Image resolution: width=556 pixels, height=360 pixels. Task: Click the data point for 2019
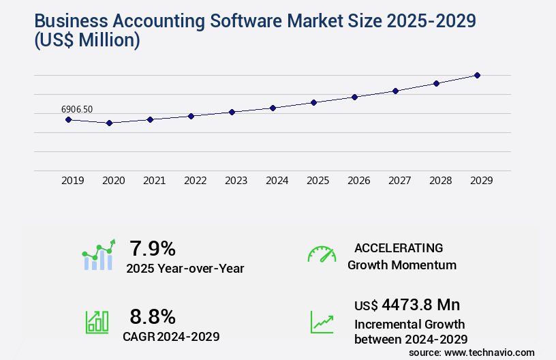(x=68, y=119)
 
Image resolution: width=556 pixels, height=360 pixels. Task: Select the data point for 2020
(x=109, y=123)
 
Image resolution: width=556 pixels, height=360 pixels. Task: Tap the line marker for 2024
(x=273, y=108)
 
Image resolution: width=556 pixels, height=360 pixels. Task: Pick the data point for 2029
(x=477, y=75)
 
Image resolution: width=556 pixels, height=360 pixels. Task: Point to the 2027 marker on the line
(x=395, y=91)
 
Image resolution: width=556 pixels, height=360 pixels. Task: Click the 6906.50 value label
(x=77, y=109)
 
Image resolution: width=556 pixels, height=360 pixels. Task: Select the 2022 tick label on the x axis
(x=195, y=181)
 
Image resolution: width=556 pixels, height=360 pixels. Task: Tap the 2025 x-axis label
(x=318, y=181)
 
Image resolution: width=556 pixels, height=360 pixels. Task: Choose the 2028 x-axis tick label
(x=440, y=181)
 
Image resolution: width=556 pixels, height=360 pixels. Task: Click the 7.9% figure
(x=153, y=248)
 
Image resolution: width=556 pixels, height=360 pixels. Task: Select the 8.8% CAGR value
(x=153, y=316)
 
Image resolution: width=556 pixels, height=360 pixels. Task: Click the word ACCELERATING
(x=399, y=248)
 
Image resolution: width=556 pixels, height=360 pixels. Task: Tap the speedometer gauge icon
(x=322, y=254)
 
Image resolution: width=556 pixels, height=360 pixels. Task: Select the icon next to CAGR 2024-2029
(x=97, y=322)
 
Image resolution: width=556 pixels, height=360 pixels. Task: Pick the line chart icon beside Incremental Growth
(x=322, y=322)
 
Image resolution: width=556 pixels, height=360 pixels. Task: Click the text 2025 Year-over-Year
(x=185, y=269)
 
